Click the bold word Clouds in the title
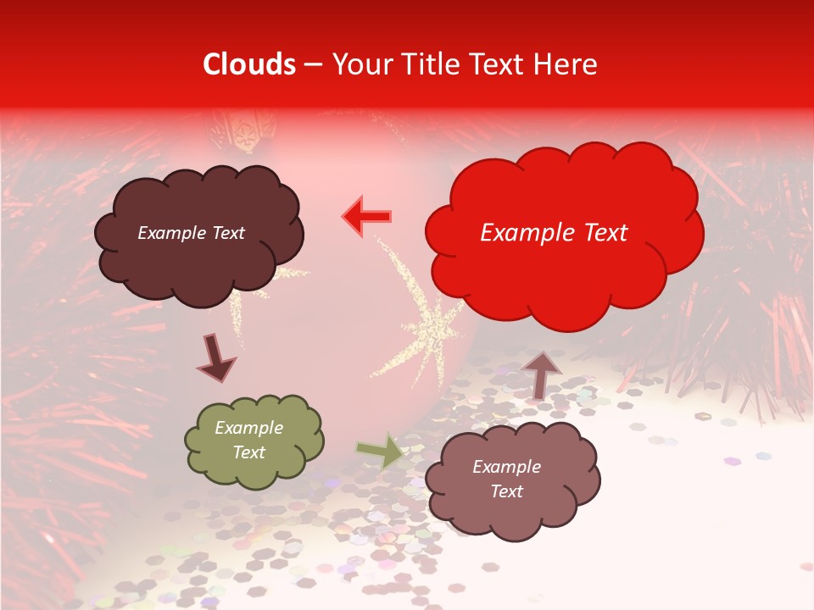(x=249, y=64)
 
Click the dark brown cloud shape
(x=198, y=254)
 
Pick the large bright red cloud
(x=564, y=263)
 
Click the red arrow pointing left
(x=367, y=217)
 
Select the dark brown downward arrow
(x=216, y=358)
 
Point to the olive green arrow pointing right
(x=379, y=452)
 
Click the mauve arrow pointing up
(x=542, y=373)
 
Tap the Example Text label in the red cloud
(x=554, y=233)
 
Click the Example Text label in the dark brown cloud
(x=191, y=233)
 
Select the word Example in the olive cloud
(x=248, y=428)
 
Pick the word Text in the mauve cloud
(x=506, y=491)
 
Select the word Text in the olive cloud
(x=248, y=452)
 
